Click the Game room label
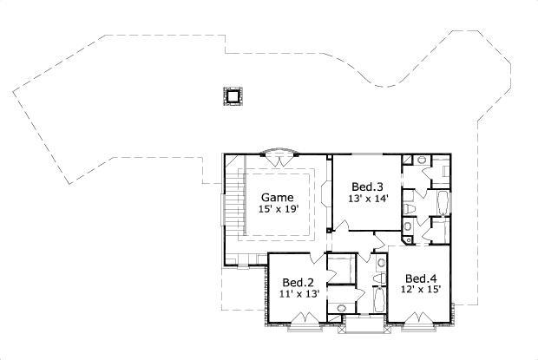point(278,197)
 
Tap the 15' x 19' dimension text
point(278,209)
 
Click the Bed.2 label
point(297,282)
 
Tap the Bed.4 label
point(420,278)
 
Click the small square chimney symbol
point(232,95)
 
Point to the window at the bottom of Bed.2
point(303,327)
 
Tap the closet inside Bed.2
point(339,270)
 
